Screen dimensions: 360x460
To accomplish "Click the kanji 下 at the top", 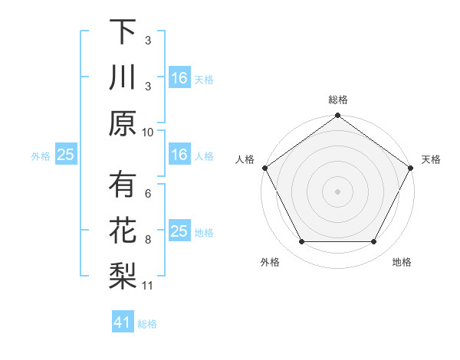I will tap(122, 32).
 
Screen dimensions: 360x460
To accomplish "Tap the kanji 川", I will tap(122, 77).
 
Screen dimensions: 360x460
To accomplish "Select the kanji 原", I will tap(122, 123).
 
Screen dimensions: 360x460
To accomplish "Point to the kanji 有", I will tap(122, 185).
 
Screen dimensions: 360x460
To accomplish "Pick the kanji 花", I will tap(122, 231).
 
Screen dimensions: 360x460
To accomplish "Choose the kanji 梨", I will tap(122, 276).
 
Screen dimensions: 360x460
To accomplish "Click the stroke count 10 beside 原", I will tap(148, 132).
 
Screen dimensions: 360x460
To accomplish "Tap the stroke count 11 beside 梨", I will tap(148, 286).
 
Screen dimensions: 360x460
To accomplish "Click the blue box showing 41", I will tap(122, 323).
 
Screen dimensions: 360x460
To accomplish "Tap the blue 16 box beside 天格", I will tap(179, 78).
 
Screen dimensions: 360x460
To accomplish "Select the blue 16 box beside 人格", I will tap(179, 155).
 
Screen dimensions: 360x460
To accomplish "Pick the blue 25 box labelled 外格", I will tap(65, 155).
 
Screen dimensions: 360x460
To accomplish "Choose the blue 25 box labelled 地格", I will tap(179, 232).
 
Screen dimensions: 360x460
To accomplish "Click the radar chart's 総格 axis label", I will tap(338, 100).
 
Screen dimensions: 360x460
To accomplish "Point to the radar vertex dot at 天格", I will tap(412, 168).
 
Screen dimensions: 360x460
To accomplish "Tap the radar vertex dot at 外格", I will tap(301, 242).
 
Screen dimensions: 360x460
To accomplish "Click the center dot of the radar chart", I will tap(338, 191).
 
